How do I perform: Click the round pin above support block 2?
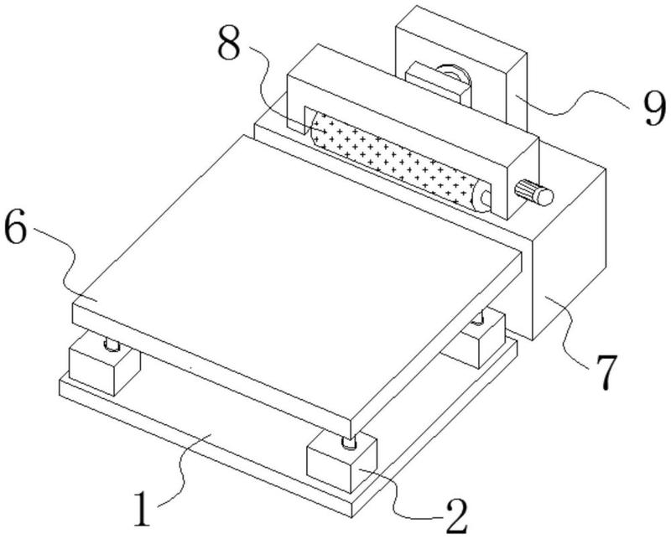coord(346,441)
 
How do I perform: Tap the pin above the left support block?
coord(110,343)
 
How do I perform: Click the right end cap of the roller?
coord(481,200)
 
